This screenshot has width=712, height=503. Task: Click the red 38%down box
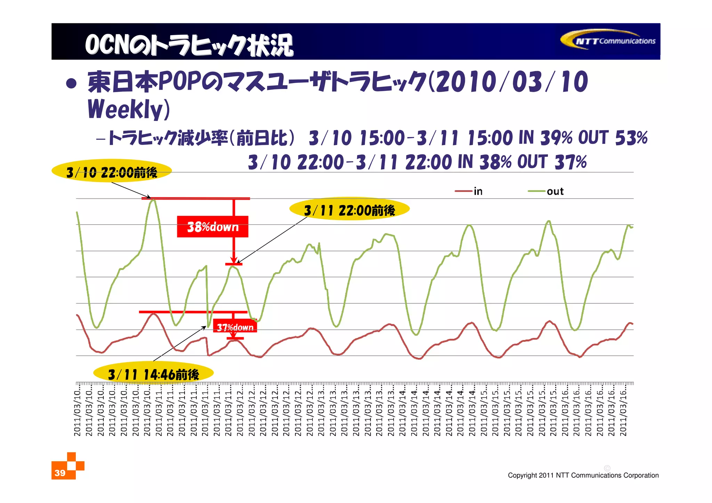212,227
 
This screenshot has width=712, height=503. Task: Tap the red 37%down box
235,327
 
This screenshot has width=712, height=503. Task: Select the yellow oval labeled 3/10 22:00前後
112,172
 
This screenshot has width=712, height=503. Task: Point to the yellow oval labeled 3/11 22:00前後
349,210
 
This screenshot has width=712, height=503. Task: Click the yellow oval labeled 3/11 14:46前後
153,374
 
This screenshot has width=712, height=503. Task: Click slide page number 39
60,473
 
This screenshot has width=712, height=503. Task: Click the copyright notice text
583,475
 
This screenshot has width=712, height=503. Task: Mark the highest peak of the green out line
152,200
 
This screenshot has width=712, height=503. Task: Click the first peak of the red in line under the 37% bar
153,314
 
